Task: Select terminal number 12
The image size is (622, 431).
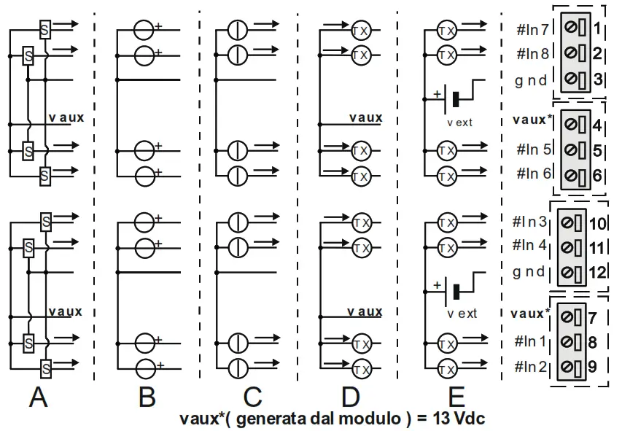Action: (597, 273)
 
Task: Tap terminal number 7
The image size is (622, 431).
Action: (593, 318)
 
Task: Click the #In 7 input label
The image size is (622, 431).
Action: (536, 29)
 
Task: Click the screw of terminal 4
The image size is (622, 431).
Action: (570, 125)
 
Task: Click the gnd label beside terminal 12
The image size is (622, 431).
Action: (529, 271)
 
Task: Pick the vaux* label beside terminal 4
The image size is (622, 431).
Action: (532, 119)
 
